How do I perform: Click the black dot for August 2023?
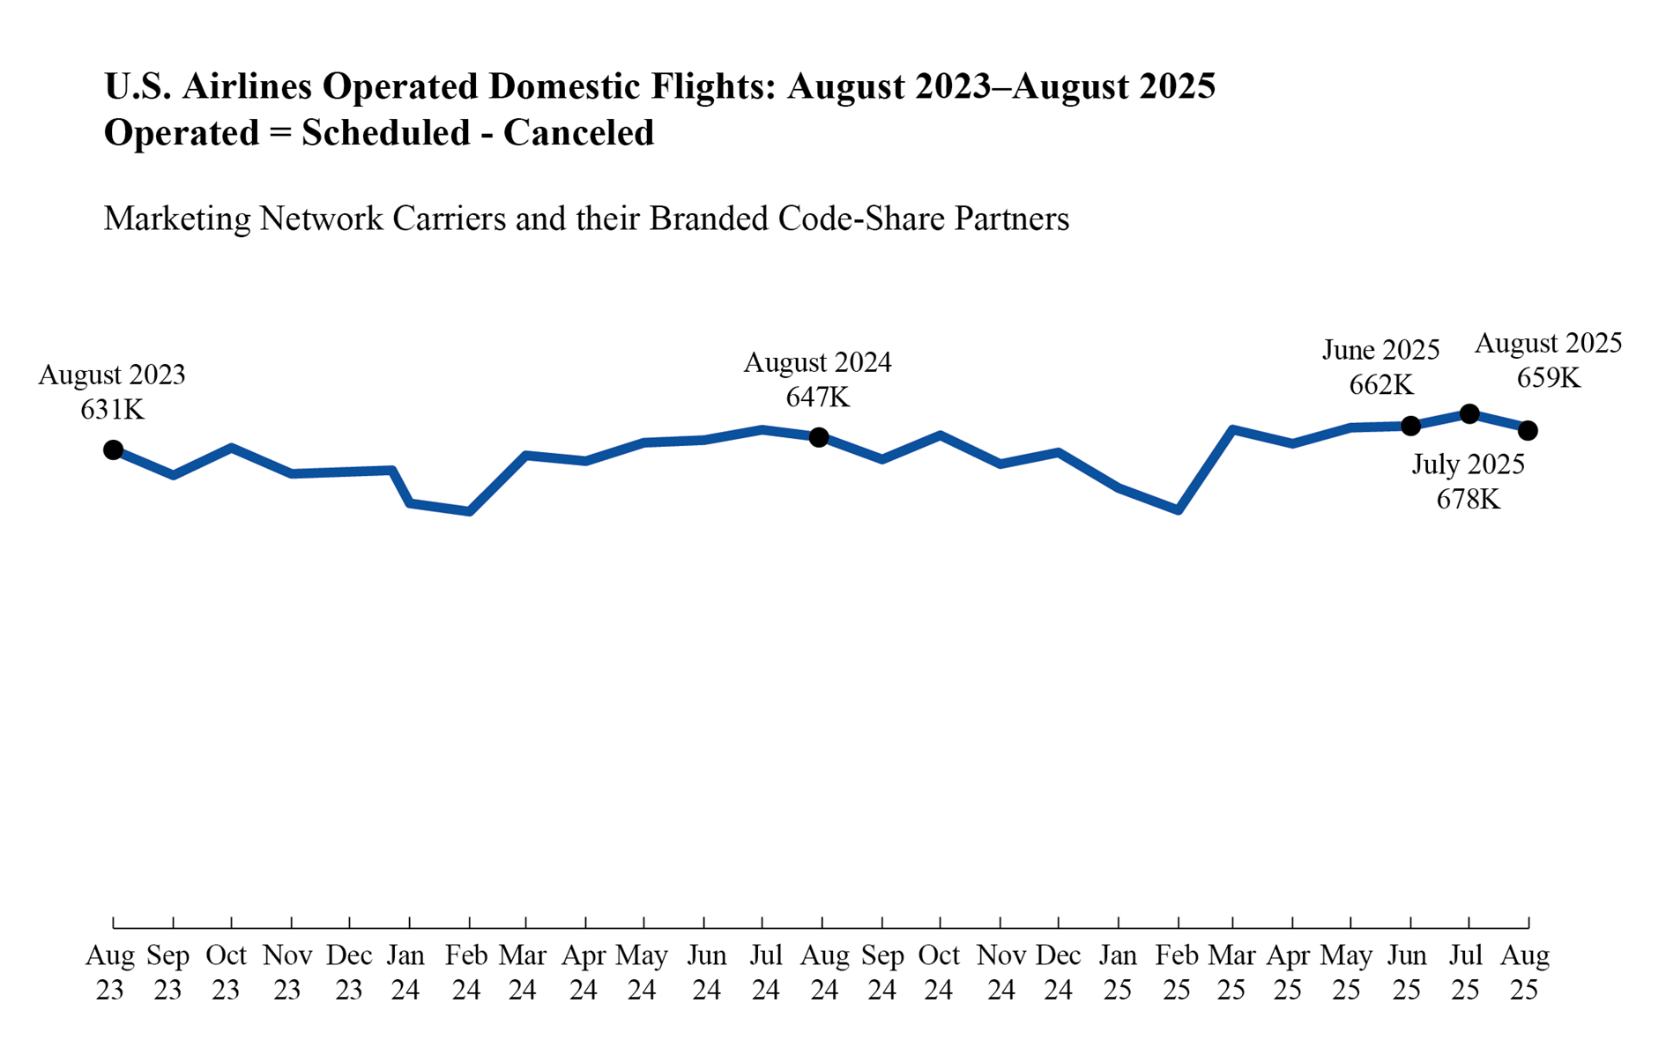[113, 449]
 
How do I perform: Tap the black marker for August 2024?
[819, 437]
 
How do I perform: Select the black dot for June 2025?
[1410, 426]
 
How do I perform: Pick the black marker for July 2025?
[1469, 413]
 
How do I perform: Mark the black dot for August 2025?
[1528, 430]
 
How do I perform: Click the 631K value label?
[112, 410]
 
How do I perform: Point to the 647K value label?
[817, 397]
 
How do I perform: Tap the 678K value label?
[1468, 500]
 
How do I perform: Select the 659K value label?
[1548, 378]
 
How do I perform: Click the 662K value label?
[1380, 385]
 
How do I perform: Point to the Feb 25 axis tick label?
[1177, 972]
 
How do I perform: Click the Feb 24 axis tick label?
[466, 972]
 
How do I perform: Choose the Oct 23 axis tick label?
[226, 972]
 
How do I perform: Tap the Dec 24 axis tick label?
[1058, 972]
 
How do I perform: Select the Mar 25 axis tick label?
[1231, 972]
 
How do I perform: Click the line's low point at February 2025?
[1178, 509]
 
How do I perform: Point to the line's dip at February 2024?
[470, 511]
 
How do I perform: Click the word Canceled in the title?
[578, 133]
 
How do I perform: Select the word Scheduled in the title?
[386, 133]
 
